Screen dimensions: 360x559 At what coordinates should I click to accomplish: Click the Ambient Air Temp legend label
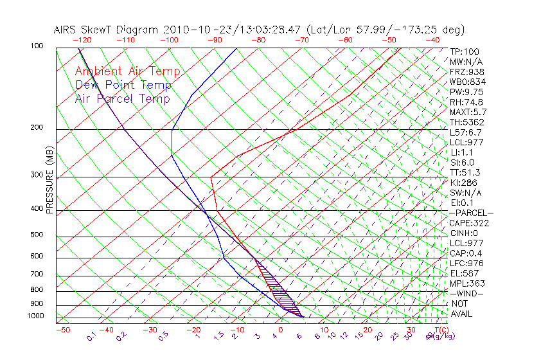coord(127,72)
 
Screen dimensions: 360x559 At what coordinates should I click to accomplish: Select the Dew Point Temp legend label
coord(123,85)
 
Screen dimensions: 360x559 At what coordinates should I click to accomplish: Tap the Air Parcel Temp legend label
coord(122,98)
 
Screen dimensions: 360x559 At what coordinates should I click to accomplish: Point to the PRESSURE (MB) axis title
coord(49,181)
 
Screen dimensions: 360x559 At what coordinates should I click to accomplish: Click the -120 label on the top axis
coord(84,40)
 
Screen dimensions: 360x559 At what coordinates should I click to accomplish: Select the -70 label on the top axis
coord(301,40)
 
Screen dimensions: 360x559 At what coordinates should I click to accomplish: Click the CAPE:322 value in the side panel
coord(467,223)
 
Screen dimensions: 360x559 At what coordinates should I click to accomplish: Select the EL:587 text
coord(463,273)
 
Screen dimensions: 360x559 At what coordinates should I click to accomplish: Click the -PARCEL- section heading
coord(471,213)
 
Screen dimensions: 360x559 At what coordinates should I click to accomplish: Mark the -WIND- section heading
coord(466,293)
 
